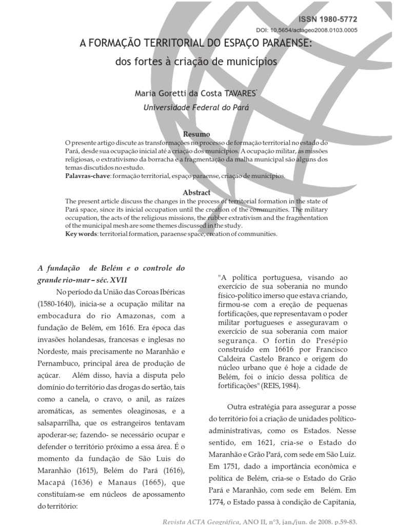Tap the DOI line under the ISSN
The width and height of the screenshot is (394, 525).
click(x=307, y=30)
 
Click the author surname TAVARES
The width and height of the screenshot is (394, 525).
click(x=236, y=94)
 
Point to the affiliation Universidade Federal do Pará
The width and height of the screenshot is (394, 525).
click(x=196, y=108)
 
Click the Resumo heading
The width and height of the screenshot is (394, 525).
click(x=197, y=134)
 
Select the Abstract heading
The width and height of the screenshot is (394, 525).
click(x=197, y=193)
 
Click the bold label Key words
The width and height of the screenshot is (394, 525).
click(x=82, y=234)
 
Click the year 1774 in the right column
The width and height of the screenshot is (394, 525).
click(x=219, y=502)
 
